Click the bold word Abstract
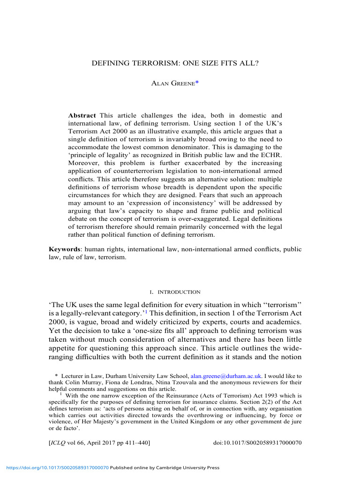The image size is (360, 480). coord(82,102)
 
